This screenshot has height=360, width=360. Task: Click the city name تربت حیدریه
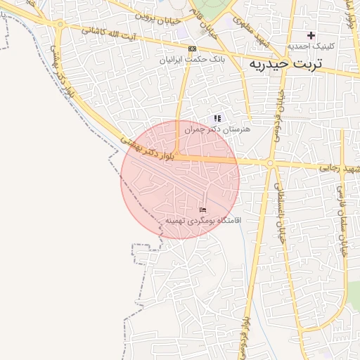(x=285, y=64)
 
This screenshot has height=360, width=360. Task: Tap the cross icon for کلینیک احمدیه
(x=311, y=35)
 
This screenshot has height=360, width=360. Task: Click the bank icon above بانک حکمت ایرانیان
(x=192, y=49)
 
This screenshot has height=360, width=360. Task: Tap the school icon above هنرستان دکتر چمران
(x=217, y=118)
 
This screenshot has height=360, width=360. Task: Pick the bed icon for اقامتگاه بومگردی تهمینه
(x=202, y=210)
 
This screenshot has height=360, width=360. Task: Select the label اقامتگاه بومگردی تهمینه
(x=203, y=220)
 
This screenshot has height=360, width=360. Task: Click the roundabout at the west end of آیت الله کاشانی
(x=60, y=25)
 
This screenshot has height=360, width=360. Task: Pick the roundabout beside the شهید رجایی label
(x=270, y=164)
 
